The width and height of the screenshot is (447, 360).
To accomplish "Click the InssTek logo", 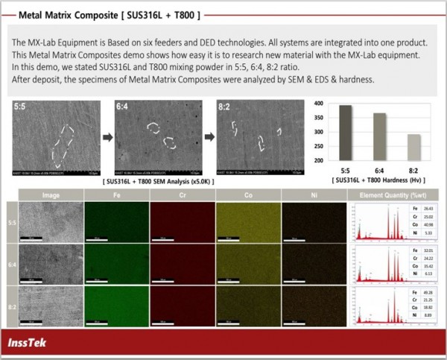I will coord(36,344).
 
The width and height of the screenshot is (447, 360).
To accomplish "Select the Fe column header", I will coord(112,196).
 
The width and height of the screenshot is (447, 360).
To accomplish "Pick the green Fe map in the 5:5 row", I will coord(112,222).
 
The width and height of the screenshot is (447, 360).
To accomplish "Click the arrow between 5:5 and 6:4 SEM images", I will coord(107,137).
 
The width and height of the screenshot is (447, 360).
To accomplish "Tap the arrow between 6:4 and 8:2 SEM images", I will coord(209,137).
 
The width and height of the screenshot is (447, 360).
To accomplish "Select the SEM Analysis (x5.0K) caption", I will coord(158,181).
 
